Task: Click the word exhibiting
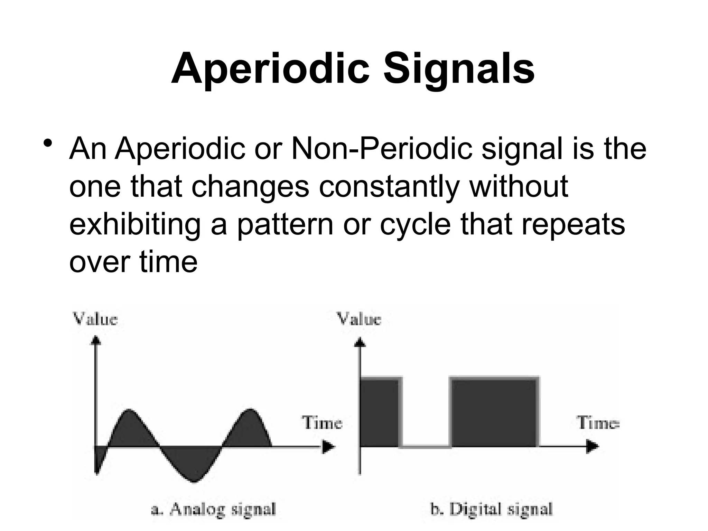pyautogui.click(x=135, y=225)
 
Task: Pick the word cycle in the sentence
pyautogui.click(x=415, y=225)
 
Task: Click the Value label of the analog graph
pyautogui.click(x=95, y=319)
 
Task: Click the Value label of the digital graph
pyautogui.click(x=359, y=319)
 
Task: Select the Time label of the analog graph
pyautogui.click(x=322, y=423)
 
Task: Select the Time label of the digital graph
pyautogui.click(x=598, y=423)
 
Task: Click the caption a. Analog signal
pyautogui.click(x=214, y=510)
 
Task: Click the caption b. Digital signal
pyautogui.click(x=491, y=510)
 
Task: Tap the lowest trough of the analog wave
pyautogui.click(x=194, y=481)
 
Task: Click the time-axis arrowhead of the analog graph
pyautogui.click(x=328, y=447)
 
